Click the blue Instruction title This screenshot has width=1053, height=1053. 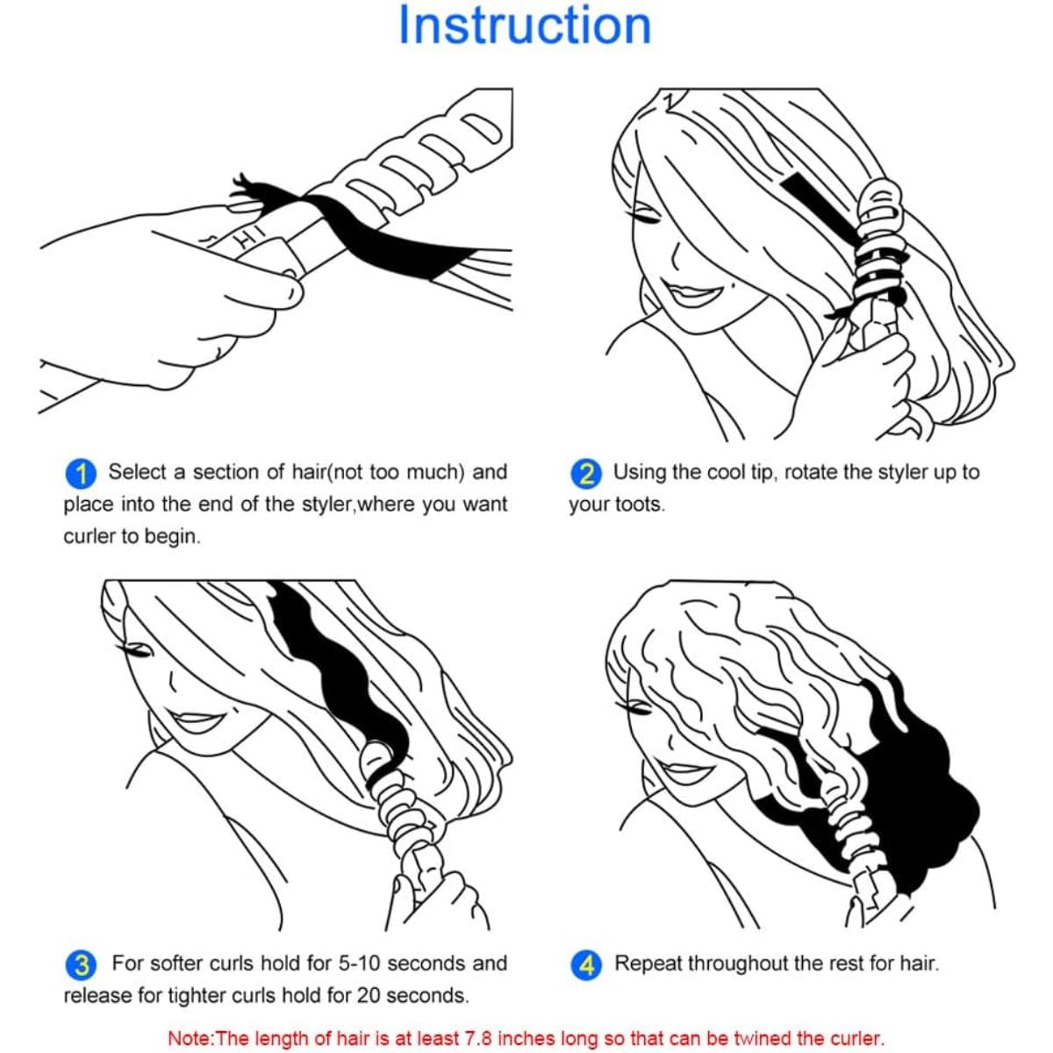[x=525, y=25]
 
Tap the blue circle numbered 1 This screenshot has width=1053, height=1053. [x=81, y=473]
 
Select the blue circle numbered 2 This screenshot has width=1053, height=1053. [x=586, y=473]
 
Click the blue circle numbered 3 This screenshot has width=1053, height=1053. [x=81, y=965]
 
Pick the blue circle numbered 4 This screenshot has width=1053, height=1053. [x=586, y=965]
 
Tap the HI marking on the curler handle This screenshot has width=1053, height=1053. [x=247, y=237]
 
